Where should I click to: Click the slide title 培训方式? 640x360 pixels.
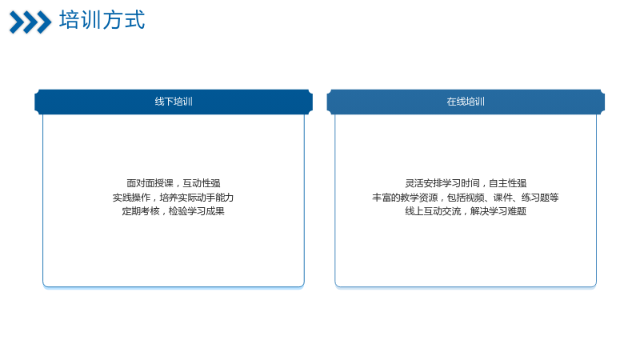tap(102, 20)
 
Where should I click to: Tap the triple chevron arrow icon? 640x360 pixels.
tap(30, 22)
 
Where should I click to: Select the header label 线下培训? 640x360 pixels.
tap(174, 102)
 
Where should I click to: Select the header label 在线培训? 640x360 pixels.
tap(466, 102)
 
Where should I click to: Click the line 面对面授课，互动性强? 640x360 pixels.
tap(174, 183)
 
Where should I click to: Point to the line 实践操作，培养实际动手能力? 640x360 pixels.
tap(173, 198)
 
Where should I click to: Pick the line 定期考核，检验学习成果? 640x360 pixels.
tap(173, 211)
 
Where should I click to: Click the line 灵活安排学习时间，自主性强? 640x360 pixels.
tap(466, 183)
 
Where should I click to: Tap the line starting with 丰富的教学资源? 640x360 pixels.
tap(466, 198)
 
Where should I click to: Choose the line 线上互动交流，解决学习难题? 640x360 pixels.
tap(466, 211)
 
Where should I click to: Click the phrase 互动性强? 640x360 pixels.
tap(202, 183)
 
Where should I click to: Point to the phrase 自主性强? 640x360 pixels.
tap(508, 183)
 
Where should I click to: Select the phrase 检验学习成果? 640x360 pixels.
tap(196, 211)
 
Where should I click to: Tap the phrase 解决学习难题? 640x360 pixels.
tap(498, 211)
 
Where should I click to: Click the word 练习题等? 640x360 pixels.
tap(540, 198)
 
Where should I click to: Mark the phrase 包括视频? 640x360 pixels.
tap(466, 198)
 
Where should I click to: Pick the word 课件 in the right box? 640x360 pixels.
tap(503, 198)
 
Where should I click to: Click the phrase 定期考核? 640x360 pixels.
tap(141, 211)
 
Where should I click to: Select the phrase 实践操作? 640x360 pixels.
tap(131, 198)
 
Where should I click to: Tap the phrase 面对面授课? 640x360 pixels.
tap(150, 183)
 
